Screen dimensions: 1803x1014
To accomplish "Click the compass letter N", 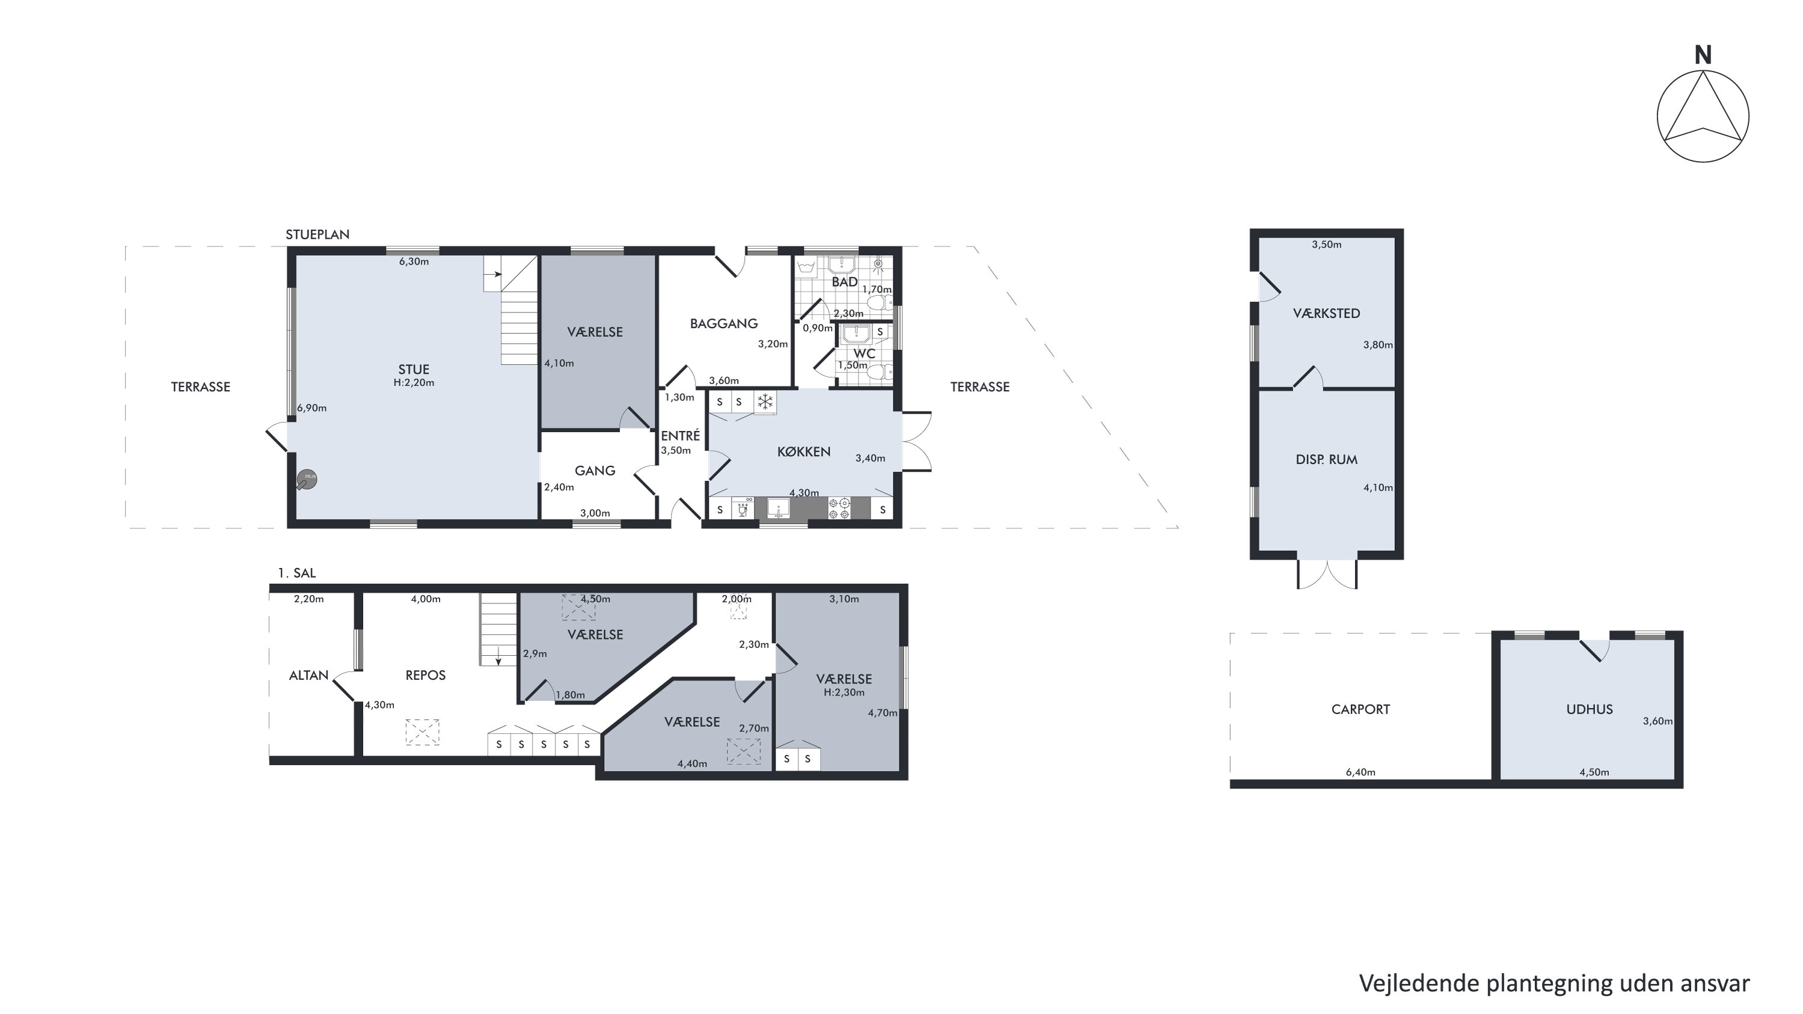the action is pos(1703,55).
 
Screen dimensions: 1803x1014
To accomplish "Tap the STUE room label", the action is pos(414,370).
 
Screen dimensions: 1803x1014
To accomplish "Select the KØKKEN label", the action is pos(804,451).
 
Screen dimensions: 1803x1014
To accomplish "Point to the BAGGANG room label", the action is pos(724,323).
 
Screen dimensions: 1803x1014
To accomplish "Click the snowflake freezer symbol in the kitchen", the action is pos(766,402).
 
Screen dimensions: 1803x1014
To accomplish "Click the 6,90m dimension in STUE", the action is pos(312,408).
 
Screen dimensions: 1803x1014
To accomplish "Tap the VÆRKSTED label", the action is pos(1326,314).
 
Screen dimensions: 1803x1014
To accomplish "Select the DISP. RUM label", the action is pos(1326,460).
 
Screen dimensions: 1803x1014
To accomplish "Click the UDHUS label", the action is pos(1590,709).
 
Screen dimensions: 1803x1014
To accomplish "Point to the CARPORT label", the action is pos(1361,709).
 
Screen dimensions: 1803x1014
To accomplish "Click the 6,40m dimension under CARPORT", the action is pos(1361,772).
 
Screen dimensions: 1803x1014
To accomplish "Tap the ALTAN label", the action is pos(308,676).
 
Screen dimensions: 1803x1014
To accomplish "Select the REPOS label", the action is pos(426,676).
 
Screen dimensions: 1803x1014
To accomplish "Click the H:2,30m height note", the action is pos(844,692).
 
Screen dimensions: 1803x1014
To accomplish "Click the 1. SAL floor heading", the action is pos(297,573).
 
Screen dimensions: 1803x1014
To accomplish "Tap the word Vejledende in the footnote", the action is pos(1419,983).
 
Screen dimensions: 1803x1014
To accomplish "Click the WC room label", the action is pos(865,353).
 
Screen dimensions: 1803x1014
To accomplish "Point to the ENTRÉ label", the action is pos(681,435).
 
